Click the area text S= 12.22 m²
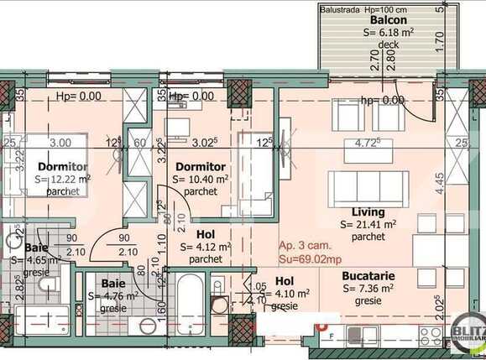pyautogui.click(x=63, y=180)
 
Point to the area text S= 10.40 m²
pyautogui.click(x=200, y=180)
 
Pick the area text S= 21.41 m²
pyautogui.click(x=370, y=225)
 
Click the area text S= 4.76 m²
pyautogui.click(x=113, y=296)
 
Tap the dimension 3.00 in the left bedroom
pyautogui.click(x=60, y=143)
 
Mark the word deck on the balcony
pyautogui.click(x=389, y=44)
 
